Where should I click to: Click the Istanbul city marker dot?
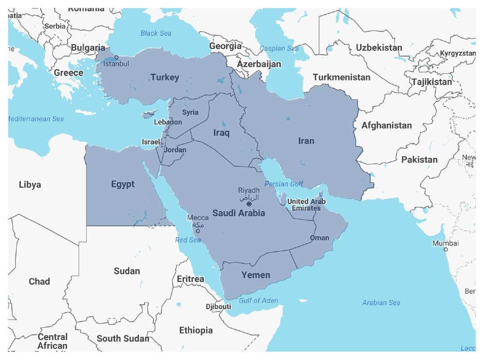tap(117, 57)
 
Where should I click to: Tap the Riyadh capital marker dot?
tap(249, 204)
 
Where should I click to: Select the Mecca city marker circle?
tap(198, 231)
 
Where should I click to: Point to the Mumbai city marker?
tap(446, 250)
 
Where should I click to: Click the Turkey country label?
tap(165, 78)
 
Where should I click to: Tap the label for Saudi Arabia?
tap(239, 213)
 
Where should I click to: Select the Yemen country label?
tap(255, 275)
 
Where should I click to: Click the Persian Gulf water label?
tap(284, 184)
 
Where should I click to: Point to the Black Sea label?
tap(156, 33)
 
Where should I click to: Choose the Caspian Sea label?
tap(279, 49)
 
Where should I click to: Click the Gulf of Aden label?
tap(259, 301)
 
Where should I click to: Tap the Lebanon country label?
tap(168, 122)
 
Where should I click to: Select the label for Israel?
tap(151, 142)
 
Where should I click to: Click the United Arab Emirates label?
tap(306, 205)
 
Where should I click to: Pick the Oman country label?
tap(319, 238)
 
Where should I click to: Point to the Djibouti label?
tap(218, 307)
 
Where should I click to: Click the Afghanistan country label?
tap(386, 125)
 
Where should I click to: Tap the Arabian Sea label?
tap(381, 303)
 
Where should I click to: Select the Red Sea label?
tap(188, 240)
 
